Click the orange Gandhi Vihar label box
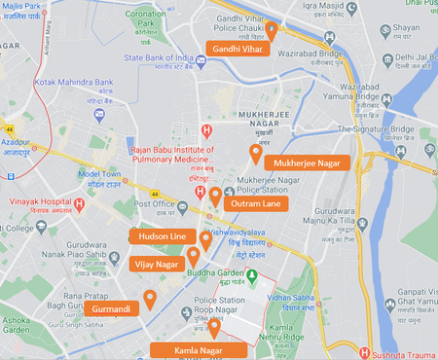click(x=237, y=48)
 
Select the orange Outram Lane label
click(x=256, y=203)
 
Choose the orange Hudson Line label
click(x=163, y=236)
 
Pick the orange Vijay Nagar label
click(x=156, y=264)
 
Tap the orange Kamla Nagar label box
click(x=200, y=349)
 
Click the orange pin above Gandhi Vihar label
click(x=272, y=31)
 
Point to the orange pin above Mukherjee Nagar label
click(x=256, y=153)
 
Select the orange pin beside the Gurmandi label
click(x=149, y=298)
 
